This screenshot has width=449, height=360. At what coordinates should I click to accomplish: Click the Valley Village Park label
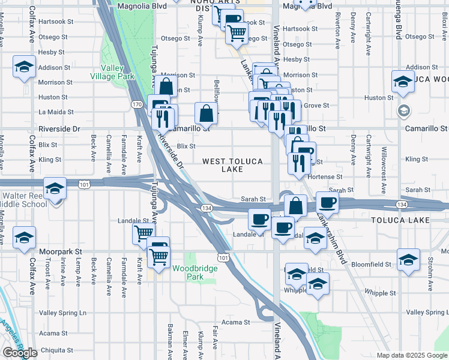112,72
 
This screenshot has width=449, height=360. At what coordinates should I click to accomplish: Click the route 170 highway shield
137,105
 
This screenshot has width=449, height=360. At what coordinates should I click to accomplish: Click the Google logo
20,352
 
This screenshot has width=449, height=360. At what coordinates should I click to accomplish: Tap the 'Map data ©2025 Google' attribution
412,355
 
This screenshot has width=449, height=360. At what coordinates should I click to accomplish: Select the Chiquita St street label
56,350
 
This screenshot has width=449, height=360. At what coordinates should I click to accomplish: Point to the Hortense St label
325,177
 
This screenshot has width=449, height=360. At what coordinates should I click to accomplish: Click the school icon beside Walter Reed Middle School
55,190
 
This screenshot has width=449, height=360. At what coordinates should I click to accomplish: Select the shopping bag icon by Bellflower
206,112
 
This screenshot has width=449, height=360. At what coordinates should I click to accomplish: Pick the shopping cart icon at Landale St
144,233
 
